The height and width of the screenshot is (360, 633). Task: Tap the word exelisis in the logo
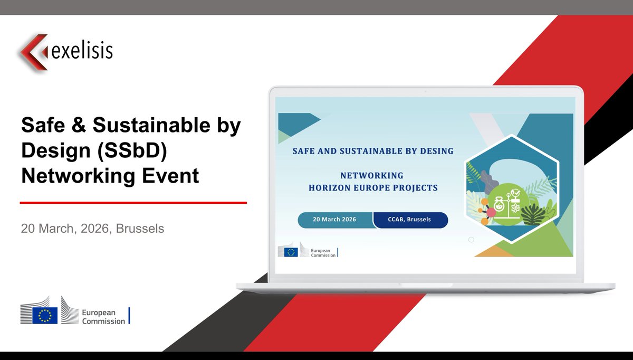click(82, 51)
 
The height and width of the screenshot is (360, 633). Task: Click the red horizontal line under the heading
click(133, 202)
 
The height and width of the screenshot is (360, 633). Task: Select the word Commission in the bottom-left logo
click(103, 321)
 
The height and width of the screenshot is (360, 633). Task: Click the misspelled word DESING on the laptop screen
click(435, 151)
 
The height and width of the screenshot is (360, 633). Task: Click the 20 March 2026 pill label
click(334, 220)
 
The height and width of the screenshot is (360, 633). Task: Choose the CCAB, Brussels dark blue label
click(409, 220)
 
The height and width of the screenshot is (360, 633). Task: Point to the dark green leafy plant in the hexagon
click(533, 215)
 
